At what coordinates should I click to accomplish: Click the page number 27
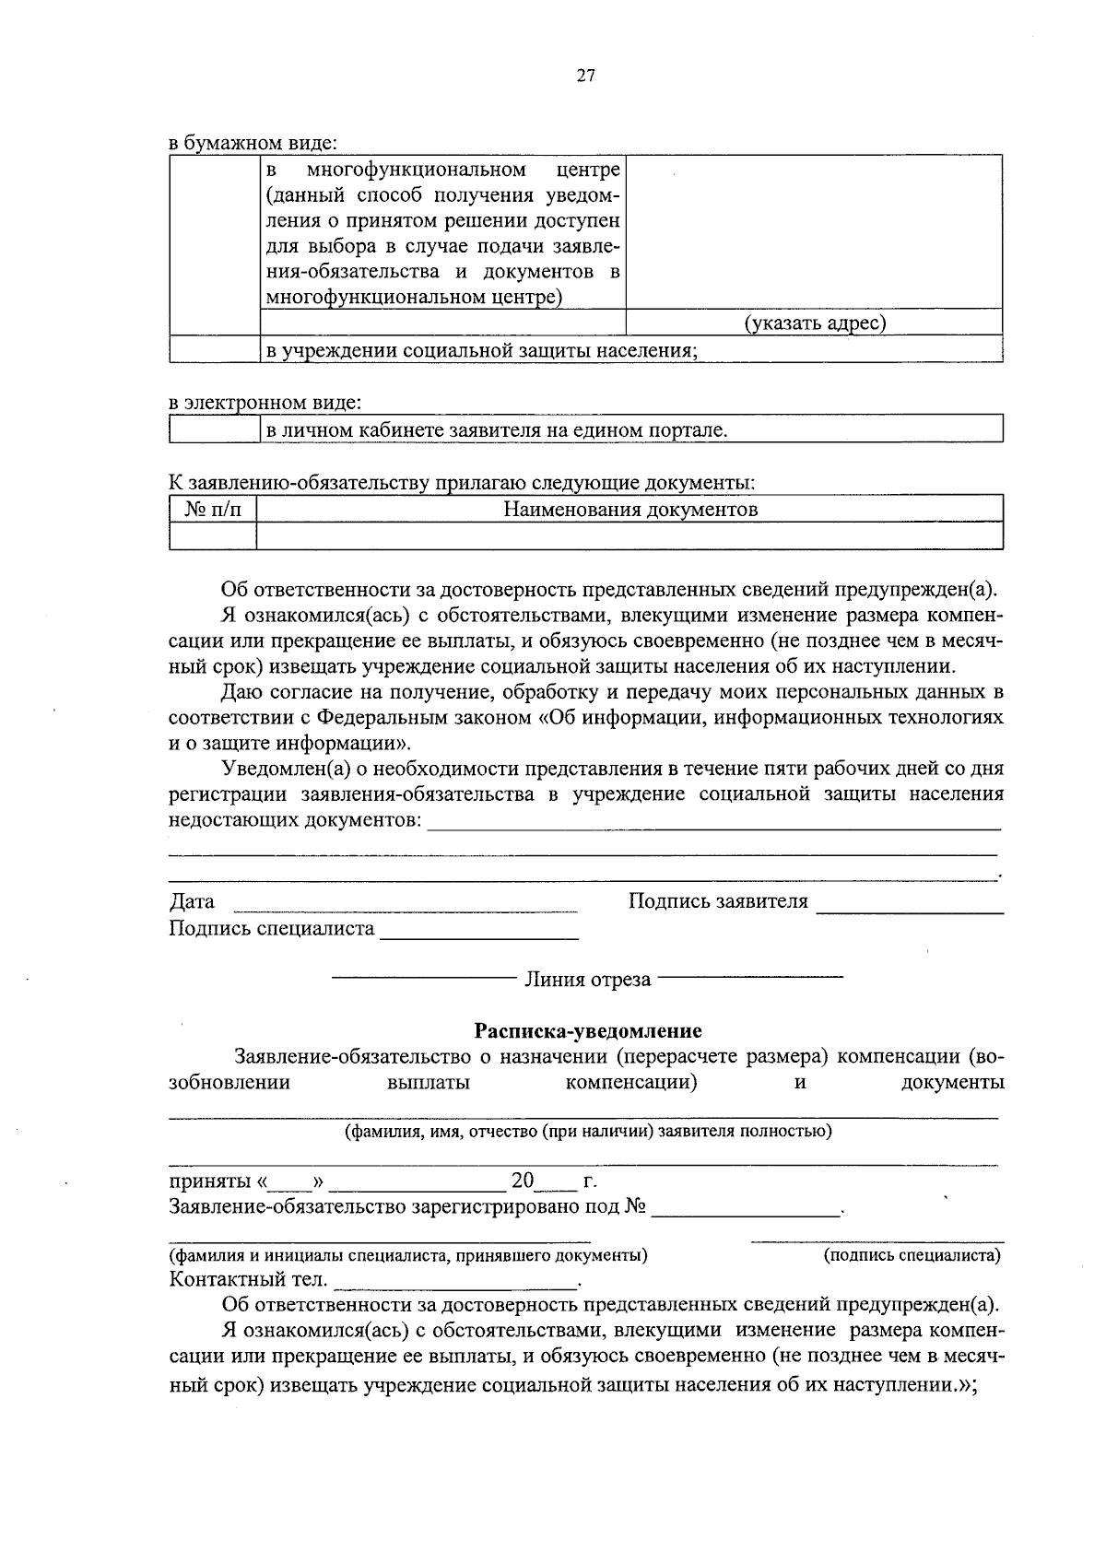tap(586, 76)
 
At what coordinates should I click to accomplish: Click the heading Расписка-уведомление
tap(587, 1030)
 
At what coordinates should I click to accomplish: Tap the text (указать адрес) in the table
tap(815, 323)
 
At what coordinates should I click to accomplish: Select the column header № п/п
tap(213, 509)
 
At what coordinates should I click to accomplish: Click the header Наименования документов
tap(630, 509)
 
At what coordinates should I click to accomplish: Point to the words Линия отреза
tap(587, 979)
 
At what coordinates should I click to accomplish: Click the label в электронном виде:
tap(265, 403)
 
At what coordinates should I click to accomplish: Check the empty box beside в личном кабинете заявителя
tap(214, 429)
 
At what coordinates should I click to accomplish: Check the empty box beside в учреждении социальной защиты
tap(214, 349)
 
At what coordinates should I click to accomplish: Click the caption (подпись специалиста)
tap(911, 1254)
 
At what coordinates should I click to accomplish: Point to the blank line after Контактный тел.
tap(455, 1282)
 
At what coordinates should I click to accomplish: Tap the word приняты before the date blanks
tap(208, 1181)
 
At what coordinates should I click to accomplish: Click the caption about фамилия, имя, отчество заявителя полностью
tap(587, 1131)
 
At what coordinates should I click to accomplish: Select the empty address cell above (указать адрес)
tap(815, 232)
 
